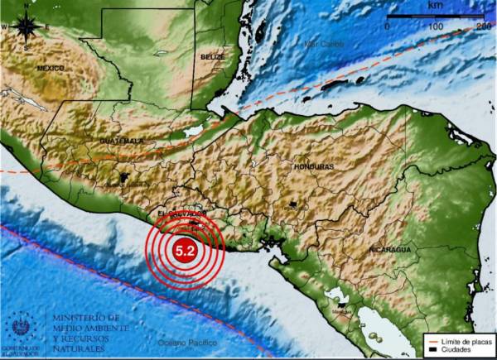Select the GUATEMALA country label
click(x=122, y=141)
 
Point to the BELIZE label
click(x=212, y=56)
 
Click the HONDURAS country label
click(x=314, y=167)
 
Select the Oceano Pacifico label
click(x=185, y=341)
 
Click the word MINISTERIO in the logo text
click(x=85, y=317)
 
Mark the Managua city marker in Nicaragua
click(x=338, y=304)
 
